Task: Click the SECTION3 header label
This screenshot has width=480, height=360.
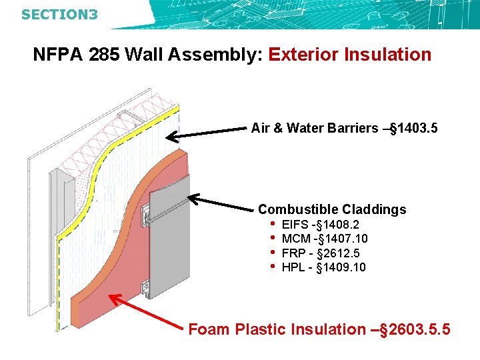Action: click(59, 13)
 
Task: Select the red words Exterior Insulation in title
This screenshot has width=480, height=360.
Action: click(350, 55)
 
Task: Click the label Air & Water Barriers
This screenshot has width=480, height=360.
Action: click(314, 128)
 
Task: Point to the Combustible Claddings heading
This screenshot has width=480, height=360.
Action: click(332, 209)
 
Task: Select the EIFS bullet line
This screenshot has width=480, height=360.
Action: click(320, 225)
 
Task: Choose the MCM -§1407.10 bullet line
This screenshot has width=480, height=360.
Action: click(325, 239)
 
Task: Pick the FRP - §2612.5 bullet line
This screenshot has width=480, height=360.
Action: click(321, 253)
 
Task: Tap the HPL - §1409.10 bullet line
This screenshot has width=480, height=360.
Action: click(324, 267)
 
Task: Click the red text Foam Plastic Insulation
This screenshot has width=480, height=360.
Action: click(277, 329)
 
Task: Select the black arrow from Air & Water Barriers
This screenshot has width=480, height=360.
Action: click(207, 133)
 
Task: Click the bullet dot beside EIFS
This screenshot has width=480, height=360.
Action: click(272, 224)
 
